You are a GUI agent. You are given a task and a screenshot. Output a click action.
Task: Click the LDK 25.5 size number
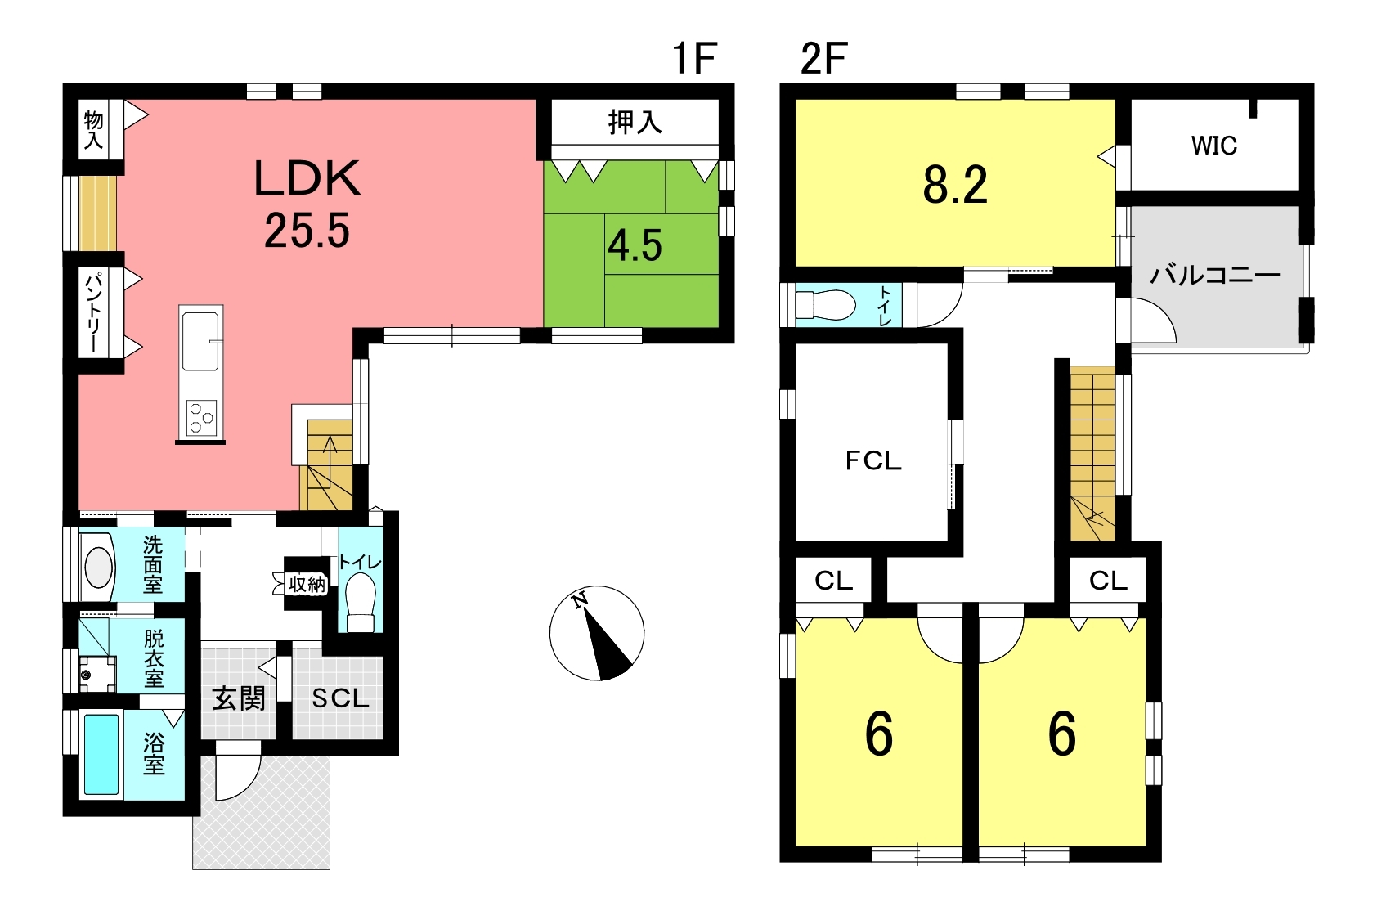pos(307,231)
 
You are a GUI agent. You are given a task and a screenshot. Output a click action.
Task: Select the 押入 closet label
pos(635,123)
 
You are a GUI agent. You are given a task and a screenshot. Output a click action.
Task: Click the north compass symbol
pos(597,633)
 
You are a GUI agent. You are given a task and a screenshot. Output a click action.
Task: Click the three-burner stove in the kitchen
pos(201,417)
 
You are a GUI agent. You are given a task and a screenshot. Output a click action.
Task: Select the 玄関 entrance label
pos(239,699)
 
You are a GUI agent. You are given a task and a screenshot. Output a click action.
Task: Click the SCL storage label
pos(340,698)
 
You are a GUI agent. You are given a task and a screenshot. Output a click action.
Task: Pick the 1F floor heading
pos(695,58)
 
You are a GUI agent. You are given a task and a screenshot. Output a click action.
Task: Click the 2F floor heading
pos(823,58)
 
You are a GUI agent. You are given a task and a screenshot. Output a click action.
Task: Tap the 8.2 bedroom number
pos(955,185)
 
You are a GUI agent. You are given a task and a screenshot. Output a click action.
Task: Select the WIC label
pos(1214,146)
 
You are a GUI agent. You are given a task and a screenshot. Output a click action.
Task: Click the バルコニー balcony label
pos(1215,275)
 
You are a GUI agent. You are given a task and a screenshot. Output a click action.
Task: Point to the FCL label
pos(873,460)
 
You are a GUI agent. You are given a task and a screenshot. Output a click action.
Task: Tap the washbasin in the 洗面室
pos(97,567)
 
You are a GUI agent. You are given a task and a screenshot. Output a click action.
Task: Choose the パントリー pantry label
pos(93,313)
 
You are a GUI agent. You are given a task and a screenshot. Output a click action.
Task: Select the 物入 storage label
pos(93,130)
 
